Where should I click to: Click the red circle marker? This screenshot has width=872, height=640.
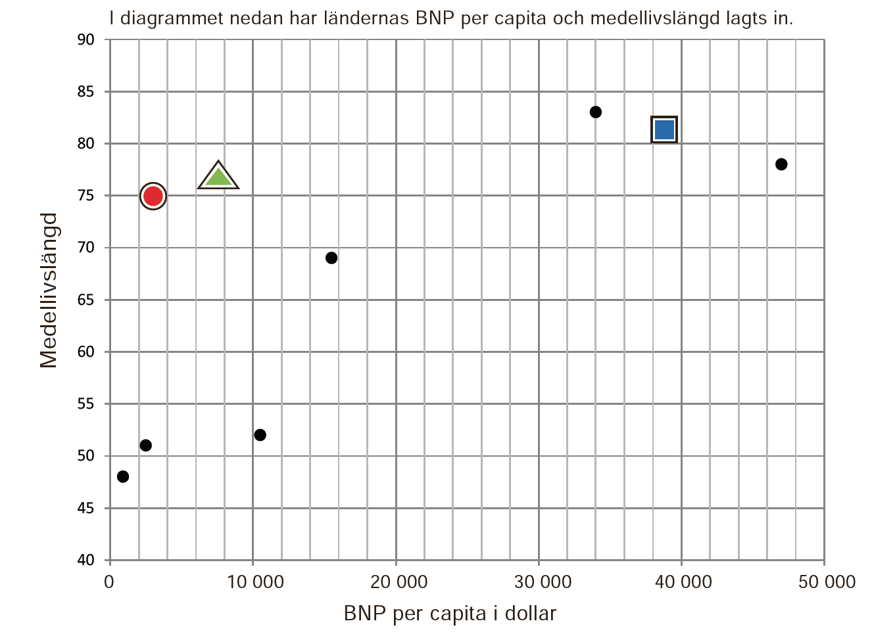tap(153, 196)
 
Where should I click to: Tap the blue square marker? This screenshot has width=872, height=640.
tap(664, 129)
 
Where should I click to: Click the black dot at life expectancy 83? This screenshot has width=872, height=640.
tap(596, 112)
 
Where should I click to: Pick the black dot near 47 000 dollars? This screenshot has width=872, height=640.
tap(781, 164)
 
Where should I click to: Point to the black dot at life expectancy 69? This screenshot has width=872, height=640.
tap(331, 258)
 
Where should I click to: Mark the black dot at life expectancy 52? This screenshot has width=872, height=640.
tap(260, 435)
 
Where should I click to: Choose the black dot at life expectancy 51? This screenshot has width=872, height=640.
tap(146, 446)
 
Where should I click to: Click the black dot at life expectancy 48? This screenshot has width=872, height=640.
tap(123, 476)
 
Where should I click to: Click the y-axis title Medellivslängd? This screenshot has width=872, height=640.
tap(49, 290)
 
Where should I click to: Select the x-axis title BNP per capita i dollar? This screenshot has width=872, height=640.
tap(450, 614)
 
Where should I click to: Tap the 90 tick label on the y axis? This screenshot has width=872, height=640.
tap(86, 40)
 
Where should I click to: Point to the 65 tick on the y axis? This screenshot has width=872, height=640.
tap(86, 300)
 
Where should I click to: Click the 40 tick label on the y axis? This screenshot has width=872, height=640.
tap(86, 560)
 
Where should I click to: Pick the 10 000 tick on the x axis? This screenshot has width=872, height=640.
tap(255, 582)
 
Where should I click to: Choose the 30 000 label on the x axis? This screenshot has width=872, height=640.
tap(542, 582)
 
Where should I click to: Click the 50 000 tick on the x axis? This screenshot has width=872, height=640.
tap(827, 582)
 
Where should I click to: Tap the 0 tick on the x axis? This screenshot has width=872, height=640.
tap(109, 582)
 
